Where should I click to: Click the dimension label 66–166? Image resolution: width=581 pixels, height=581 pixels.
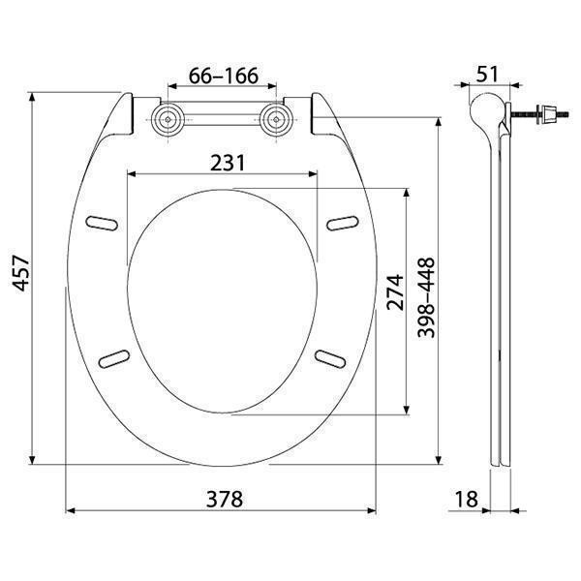tap(224, 76)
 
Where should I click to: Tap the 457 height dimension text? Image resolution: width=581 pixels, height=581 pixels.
tap(21, 273)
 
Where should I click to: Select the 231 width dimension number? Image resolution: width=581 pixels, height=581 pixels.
tap(228, 163)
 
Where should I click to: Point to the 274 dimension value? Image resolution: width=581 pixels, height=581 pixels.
tap(395, 292)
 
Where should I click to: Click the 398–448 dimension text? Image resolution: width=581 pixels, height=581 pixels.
tap(426, 298)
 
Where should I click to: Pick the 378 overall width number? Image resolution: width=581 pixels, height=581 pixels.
tap(225, 499)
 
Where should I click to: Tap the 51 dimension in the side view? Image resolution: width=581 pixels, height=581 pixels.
tap(487, 75)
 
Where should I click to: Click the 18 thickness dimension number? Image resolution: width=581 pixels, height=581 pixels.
tap(466, 499)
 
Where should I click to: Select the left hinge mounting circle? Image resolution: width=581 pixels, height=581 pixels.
tap(168, 119)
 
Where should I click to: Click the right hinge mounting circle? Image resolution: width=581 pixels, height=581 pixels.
tap(276, 119)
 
